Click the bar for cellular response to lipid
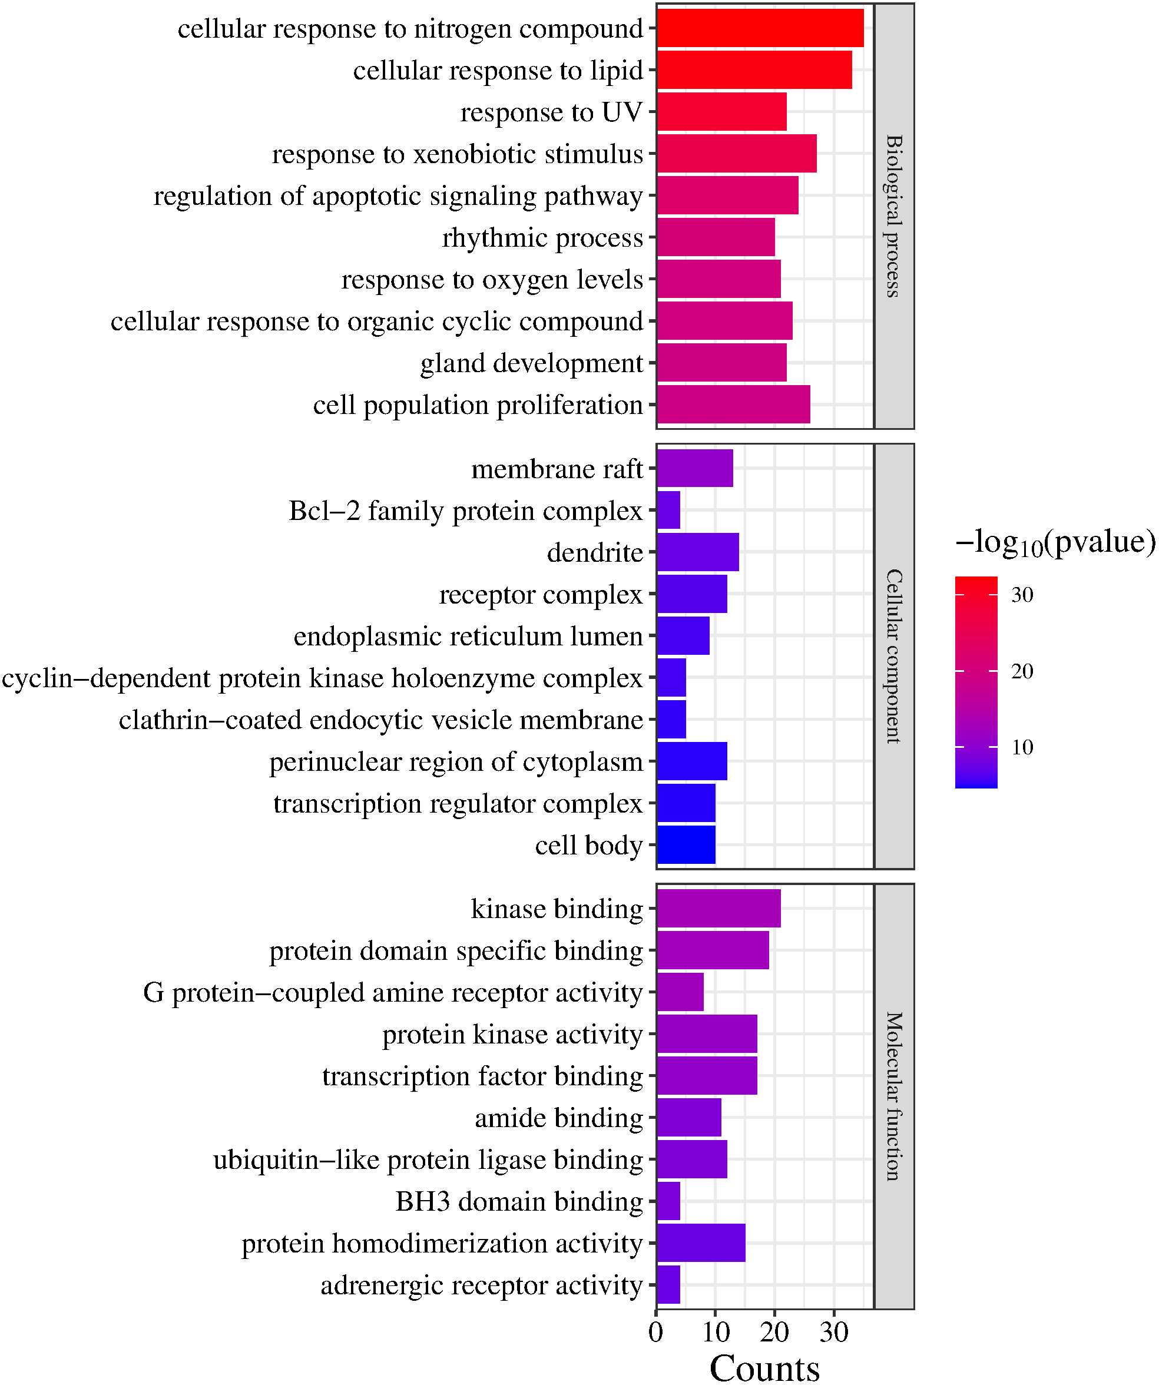754,70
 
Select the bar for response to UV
721,112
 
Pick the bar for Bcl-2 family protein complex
669,511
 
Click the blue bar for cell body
686,845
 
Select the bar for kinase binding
718,909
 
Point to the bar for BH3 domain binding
669,1202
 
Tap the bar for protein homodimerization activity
701,1243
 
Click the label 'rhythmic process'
542,237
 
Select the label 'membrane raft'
557,469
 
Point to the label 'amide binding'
559,1118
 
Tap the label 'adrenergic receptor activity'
482,1285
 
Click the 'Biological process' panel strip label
893,216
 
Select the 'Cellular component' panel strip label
893,656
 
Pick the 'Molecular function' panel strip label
893,1096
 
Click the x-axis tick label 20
774,1332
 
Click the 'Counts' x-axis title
764,1367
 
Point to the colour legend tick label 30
1022,595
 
